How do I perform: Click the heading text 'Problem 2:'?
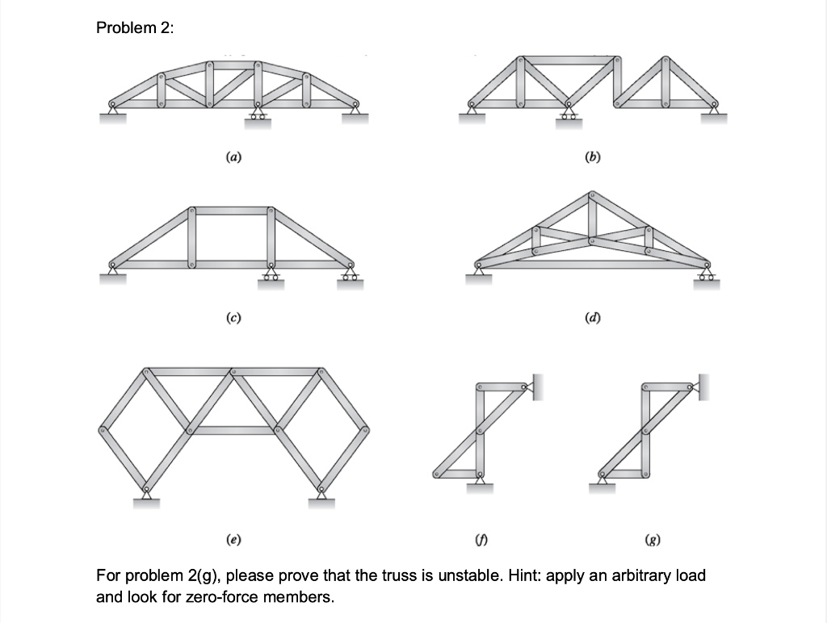pos(134,28)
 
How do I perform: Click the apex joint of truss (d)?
pos(593,196)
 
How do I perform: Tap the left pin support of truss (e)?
pos(145,498)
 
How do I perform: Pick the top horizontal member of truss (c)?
pos(232,211)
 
